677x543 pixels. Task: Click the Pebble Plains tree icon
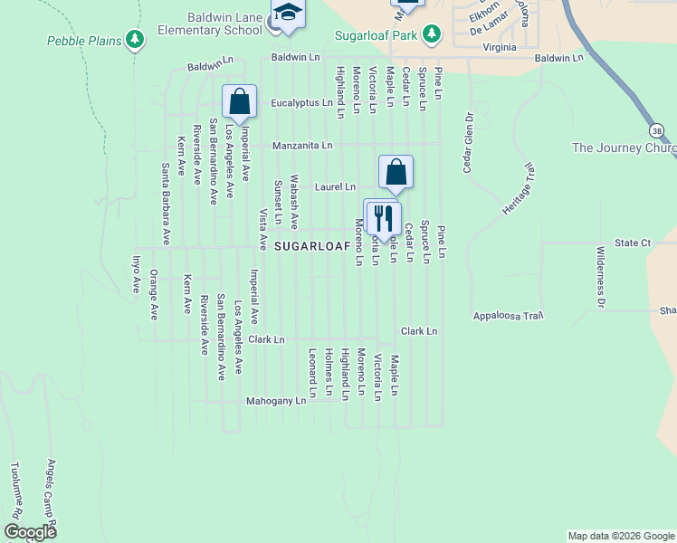click(x=135, y=39)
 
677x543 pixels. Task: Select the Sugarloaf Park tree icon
click(x=433, y=33)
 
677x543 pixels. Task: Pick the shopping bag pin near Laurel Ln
click(x=396, y=173)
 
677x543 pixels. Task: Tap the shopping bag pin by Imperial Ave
click(x=239, y=103)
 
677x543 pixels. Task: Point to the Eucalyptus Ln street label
click(x=301, y=103)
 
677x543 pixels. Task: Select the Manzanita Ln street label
click(x=302, y=145)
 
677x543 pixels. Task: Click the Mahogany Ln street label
click(x=276, y=400)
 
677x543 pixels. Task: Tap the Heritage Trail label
click(x=519, y=190)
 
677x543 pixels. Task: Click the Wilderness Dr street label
click(x=599, y=276)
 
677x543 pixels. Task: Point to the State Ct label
click(x=633, y=243)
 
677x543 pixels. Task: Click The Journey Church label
click(x=625, y=148)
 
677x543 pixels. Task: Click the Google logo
click(x=30, y=532)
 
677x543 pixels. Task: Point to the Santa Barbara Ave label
click(x=166, y=204)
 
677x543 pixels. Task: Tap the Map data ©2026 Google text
click(x=620, y=536)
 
